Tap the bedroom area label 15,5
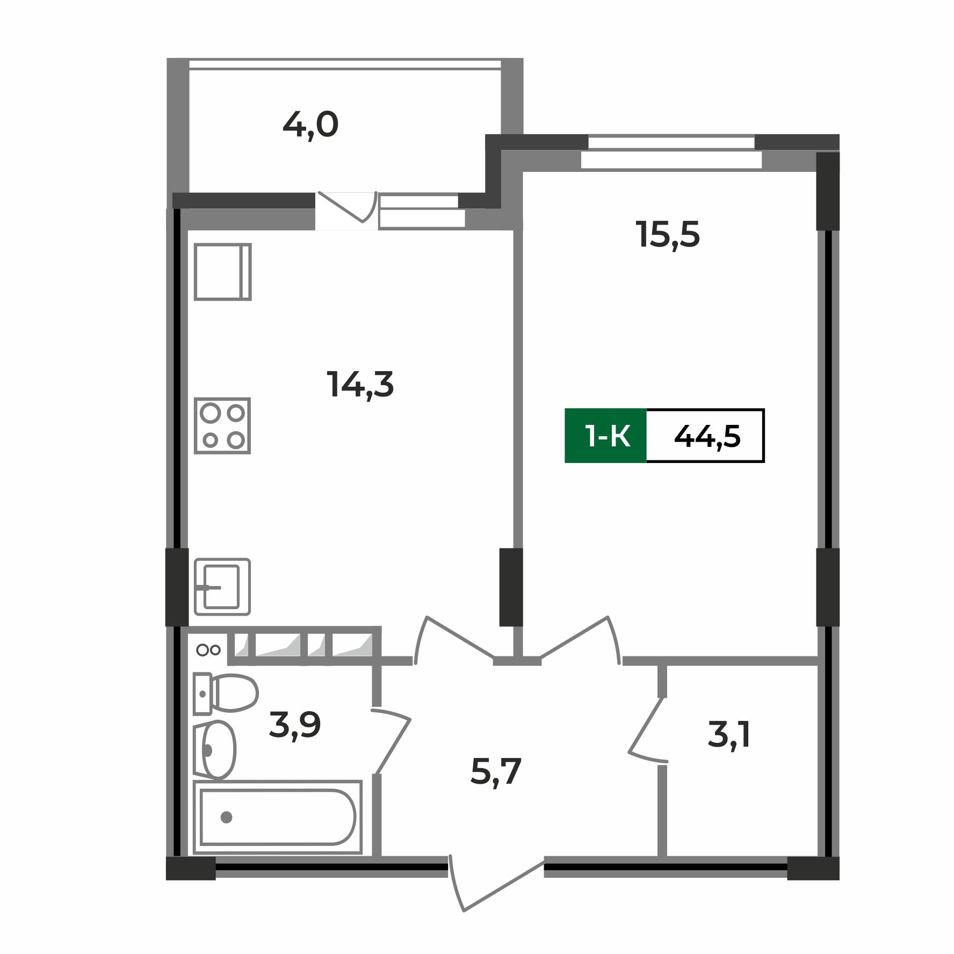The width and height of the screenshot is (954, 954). click(668, 235)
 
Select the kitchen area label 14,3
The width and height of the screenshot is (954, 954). click(360, 385)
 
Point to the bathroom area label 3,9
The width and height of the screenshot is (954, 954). click(295, 725)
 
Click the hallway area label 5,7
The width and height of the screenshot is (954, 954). click(496, 772)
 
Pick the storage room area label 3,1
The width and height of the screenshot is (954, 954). click(729, 735)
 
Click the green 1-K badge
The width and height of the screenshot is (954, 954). click(606, 436)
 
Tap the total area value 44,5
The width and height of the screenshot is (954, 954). click(707, 436)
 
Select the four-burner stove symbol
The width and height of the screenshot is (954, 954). click(222, 425)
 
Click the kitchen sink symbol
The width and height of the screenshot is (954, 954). click(222, 587)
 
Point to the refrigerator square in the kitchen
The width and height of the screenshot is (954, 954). click(222, 272)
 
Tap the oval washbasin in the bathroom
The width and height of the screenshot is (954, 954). click(218, 750)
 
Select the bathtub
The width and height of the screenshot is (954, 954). click(277, 817)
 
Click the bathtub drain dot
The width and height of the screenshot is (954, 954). click(226, 817)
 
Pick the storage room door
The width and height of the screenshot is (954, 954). click(647, 731)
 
